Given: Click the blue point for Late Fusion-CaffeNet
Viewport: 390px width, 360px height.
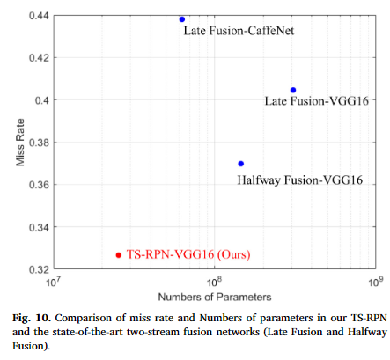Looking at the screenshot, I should point(182,18).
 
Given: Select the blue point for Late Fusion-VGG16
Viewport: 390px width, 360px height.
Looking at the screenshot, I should point(293,90).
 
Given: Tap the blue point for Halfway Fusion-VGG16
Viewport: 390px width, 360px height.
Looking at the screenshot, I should point(241,164).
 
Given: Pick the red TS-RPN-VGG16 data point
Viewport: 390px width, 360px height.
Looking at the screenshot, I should point(119,254).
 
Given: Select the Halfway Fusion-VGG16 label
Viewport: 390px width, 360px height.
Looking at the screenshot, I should point(299,180).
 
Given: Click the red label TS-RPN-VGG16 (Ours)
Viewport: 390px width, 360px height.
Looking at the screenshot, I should point(189,254).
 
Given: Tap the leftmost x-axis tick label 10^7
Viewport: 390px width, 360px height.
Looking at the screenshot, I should point(52,282).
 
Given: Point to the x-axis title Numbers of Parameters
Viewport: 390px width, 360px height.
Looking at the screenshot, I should point(213,296).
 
